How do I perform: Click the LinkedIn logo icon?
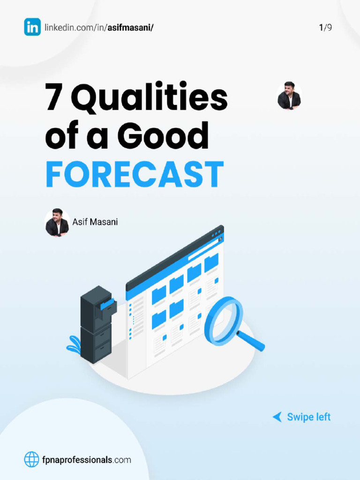point(32,27)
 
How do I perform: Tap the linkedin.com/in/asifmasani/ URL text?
point(99,28)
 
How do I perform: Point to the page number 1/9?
point(325,28)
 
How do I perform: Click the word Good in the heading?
point(163,136)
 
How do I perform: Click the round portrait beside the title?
point(289,96)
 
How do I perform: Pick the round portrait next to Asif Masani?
point(57,223)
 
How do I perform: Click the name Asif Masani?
point(95,222)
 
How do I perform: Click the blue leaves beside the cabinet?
point(74,345)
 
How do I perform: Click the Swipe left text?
point(308,417)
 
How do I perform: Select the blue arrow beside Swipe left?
point(277,417)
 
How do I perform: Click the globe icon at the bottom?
point(32,459)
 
